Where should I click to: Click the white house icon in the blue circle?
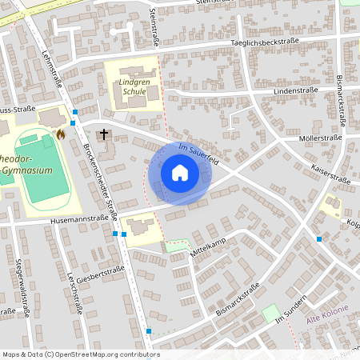coord(179,173)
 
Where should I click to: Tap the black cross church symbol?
coord(103,134)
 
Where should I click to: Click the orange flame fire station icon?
coord(60,136)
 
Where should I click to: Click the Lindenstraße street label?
coord(296,91)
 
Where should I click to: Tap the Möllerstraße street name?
coord(319,138)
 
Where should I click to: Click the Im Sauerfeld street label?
coord(198,154)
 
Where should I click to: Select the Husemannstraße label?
coord(78,218)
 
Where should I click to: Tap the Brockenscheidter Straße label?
coord(101,176)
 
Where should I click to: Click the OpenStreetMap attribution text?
coord(80,354)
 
